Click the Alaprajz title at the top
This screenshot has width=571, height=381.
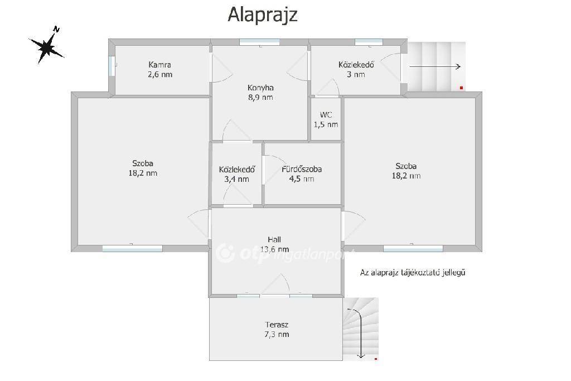coord(263,15)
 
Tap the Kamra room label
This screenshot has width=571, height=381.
coord(160,70)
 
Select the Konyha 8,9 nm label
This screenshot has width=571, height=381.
coord(260,93)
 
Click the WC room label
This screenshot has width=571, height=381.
coord(326,120)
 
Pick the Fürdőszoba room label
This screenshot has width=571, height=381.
coord(302,173)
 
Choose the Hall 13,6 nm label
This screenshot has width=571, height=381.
coord(274,244)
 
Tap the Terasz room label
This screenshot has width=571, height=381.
coord(277,329)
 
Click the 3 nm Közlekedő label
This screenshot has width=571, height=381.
coord(356,70)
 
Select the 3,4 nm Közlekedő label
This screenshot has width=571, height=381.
coord(236,174)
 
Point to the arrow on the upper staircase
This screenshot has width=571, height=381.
coord(435,66)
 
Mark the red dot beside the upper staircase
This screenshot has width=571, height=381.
coord(461,88)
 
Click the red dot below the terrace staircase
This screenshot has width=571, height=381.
coord(376,359)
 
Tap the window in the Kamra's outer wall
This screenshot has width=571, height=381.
coord(112,66)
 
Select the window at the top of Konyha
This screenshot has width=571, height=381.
coord(260,42)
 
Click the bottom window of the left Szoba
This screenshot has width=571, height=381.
coord(132,248)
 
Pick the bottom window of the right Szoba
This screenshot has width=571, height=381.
coord(413,248)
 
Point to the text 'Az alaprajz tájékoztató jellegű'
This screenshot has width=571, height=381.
coord(413,272)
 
